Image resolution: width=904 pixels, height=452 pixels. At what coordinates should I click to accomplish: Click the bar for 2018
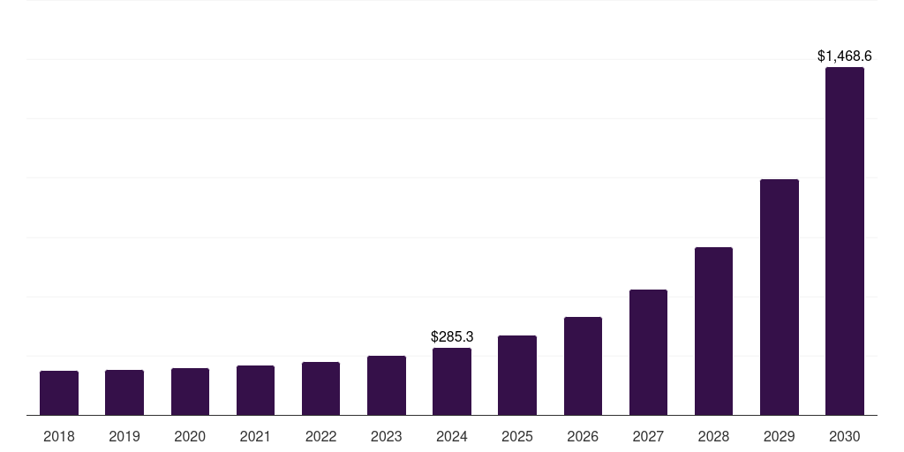(x=59, y=393)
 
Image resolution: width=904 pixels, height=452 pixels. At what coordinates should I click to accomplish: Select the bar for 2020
(x=190, y=391)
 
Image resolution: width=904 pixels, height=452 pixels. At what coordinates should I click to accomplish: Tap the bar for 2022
(x=320, y=388)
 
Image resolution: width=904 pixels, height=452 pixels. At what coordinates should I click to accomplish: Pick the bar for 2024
(x=452, y=381)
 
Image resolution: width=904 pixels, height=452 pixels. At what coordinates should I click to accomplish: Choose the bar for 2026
(x=583, y=365)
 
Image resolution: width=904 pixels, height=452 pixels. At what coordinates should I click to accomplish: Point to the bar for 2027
(x=648, y=352)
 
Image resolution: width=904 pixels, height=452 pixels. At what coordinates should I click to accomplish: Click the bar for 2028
(x=713, y=331)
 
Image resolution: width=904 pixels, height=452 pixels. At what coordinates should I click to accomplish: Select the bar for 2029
(x=780, y=297)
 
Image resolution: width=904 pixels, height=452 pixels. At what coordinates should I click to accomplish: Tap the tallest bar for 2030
(x=845, y=241)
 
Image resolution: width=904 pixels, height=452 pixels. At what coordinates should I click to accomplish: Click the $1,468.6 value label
(x=845, y=56)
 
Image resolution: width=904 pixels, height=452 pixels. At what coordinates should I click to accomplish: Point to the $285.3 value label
(x=452, y=337)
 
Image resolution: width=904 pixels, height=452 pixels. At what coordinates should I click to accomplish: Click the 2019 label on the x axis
(x=124, y=436)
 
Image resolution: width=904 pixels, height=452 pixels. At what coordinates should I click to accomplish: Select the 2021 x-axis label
(x=255, y=436)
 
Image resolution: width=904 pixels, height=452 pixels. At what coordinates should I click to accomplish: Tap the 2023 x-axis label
(x=387, y=436)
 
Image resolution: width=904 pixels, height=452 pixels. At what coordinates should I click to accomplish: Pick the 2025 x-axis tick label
(x=517, y=436)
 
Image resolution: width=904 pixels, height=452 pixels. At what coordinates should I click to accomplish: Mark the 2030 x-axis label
(x=845, y=436)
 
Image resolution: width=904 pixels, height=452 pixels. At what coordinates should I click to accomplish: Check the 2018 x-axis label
(x=59, y=436)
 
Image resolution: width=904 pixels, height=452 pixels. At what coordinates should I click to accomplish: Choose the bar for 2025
(x=517, y=375)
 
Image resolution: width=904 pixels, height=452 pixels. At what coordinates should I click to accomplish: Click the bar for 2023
(x=387, y=385)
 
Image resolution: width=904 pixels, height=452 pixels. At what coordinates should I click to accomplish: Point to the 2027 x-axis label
(x=648, y=436)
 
